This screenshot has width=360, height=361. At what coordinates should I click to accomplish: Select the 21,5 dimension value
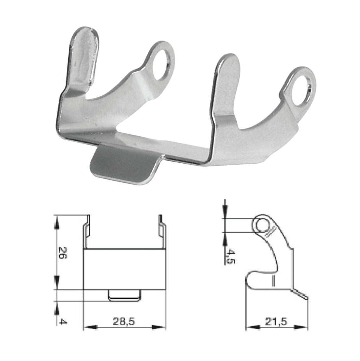tap(276, 321)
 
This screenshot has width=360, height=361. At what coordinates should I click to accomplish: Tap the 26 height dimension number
tap(62, 252)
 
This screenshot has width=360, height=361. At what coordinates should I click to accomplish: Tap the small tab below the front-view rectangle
tap(124, 295)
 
